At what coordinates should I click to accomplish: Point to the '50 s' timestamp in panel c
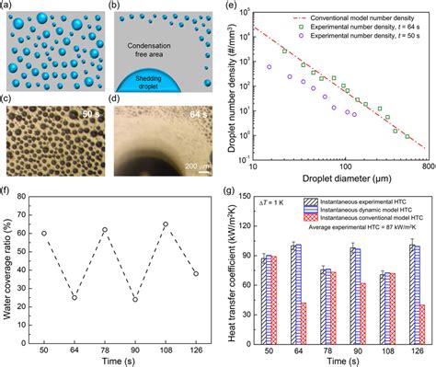[92, 118]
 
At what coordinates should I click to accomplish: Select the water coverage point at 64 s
[75, 297]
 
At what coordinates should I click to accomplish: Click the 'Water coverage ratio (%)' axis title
[8, 267]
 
